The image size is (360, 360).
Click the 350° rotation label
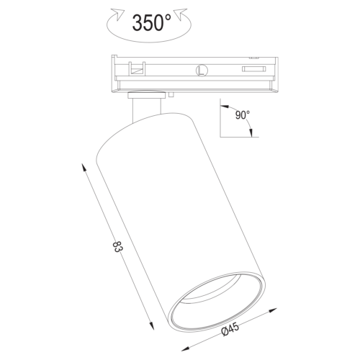(x=151, y=22)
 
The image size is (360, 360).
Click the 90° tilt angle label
(x=243, y=115)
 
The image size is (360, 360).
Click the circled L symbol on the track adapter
(x=202, y=71)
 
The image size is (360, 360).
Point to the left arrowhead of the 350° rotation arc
(x=118, y=14)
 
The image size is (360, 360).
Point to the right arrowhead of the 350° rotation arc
(x=181, y=14)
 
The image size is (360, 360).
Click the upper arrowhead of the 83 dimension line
(x=84, y=167)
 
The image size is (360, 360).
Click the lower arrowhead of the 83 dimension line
(x=151, y=325)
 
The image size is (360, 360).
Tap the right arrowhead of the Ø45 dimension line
(x=273, y=310)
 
